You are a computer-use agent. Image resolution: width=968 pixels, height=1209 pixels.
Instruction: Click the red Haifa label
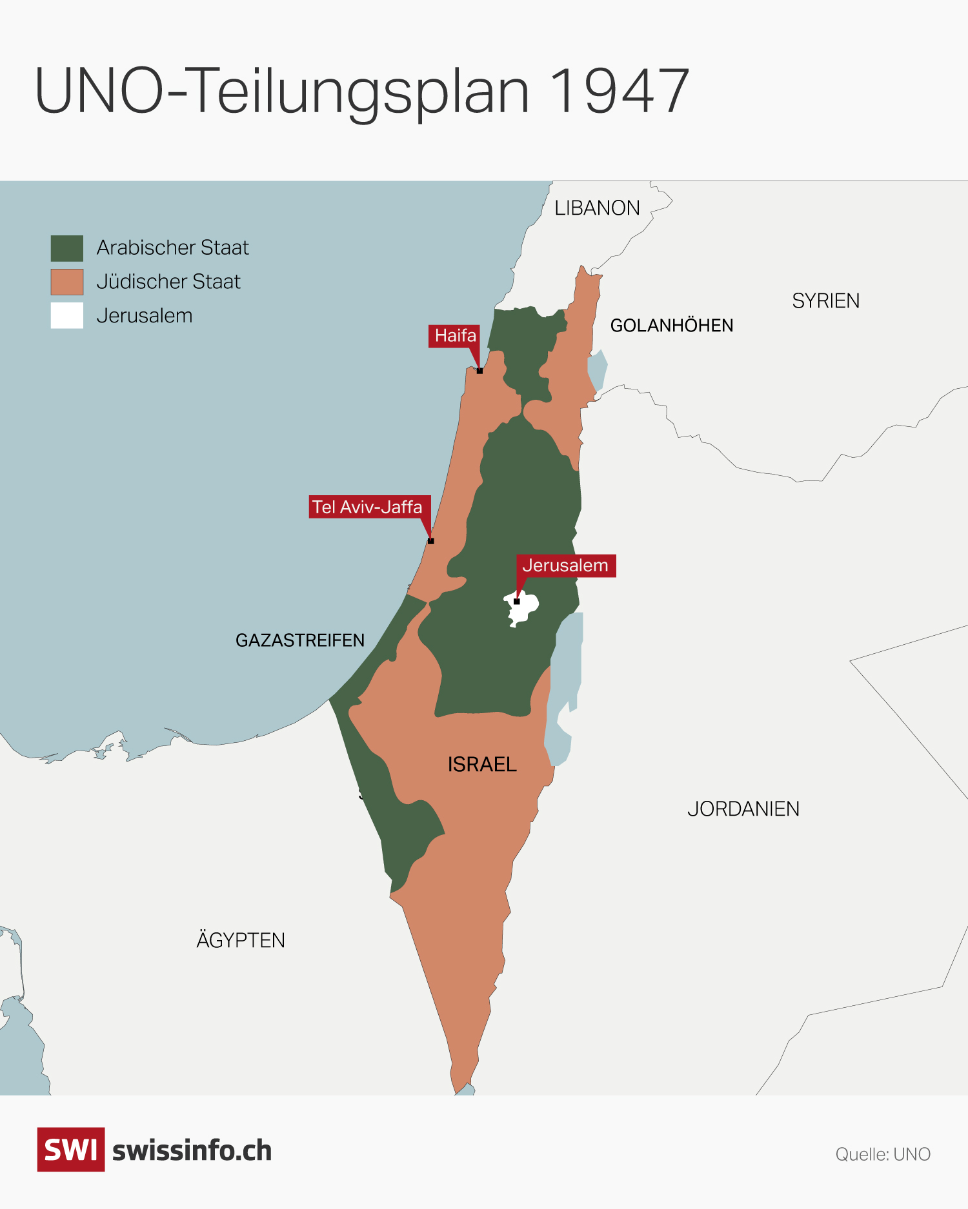pyautogui.click(x=454, y=336)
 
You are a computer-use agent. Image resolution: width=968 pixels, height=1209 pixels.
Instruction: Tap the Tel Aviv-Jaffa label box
pyautogui.click(x=368, y=507)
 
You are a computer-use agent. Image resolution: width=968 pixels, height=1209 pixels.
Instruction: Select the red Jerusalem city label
pyautogui.click(x=565, y=565)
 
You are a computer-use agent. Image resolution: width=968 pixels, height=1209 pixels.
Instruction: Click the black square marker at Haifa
pyautogui.click(x=479, y=371)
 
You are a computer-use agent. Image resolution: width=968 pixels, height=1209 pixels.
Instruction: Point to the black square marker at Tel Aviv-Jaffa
pyautogui.click(x=431, y=541)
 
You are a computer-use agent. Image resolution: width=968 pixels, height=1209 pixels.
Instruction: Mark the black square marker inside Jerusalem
pyautogui.click(x=516, y=602)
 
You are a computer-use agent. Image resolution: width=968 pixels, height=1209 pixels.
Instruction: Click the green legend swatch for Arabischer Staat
pyautogui.click(x=67, y=248)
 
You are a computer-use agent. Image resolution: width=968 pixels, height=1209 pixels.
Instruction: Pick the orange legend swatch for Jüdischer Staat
pyautogui.click(x=67, y=282)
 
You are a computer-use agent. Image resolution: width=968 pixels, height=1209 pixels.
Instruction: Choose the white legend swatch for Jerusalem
pyautogui.click(x=67, y=316)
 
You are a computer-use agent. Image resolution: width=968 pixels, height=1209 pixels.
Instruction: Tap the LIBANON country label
pyautogui.click(x=597, y=208)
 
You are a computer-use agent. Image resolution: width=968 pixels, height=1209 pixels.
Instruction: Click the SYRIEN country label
pyautogui.click(x=825, y=301)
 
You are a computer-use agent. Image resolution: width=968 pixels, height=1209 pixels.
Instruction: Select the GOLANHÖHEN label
pyautogui.click(x=671, y=326)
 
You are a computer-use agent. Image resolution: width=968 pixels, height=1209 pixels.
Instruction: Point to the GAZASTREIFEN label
pyautogui.click(x=300, y=640)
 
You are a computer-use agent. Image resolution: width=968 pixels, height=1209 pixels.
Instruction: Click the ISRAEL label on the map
pyautogui.click(x=482, y=765)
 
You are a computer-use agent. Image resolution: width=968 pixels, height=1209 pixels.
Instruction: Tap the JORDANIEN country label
pyautogui.click(x=743, y=809)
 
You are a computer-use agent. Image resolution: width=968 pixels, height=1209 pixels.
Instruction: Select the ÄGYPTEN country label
pyautogui.click(x=241, y=941)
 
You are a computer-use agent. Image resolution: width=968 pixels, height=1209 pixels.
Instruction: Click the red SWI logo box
pyautogui.click(x=71, y=1150)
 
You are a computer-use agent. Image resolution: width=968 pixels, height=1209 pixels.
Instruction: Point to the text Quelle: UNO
pyautogui.click(x=882, y=1154)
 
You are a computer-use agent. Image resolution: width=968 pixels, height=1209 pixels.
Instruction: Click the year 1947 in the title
pyautogui.click(x=620, y=92)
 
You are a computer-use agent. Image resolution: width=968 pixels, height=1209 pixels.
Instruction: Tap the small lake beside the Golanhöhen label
pyautogui.click(x=597, y=371)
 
